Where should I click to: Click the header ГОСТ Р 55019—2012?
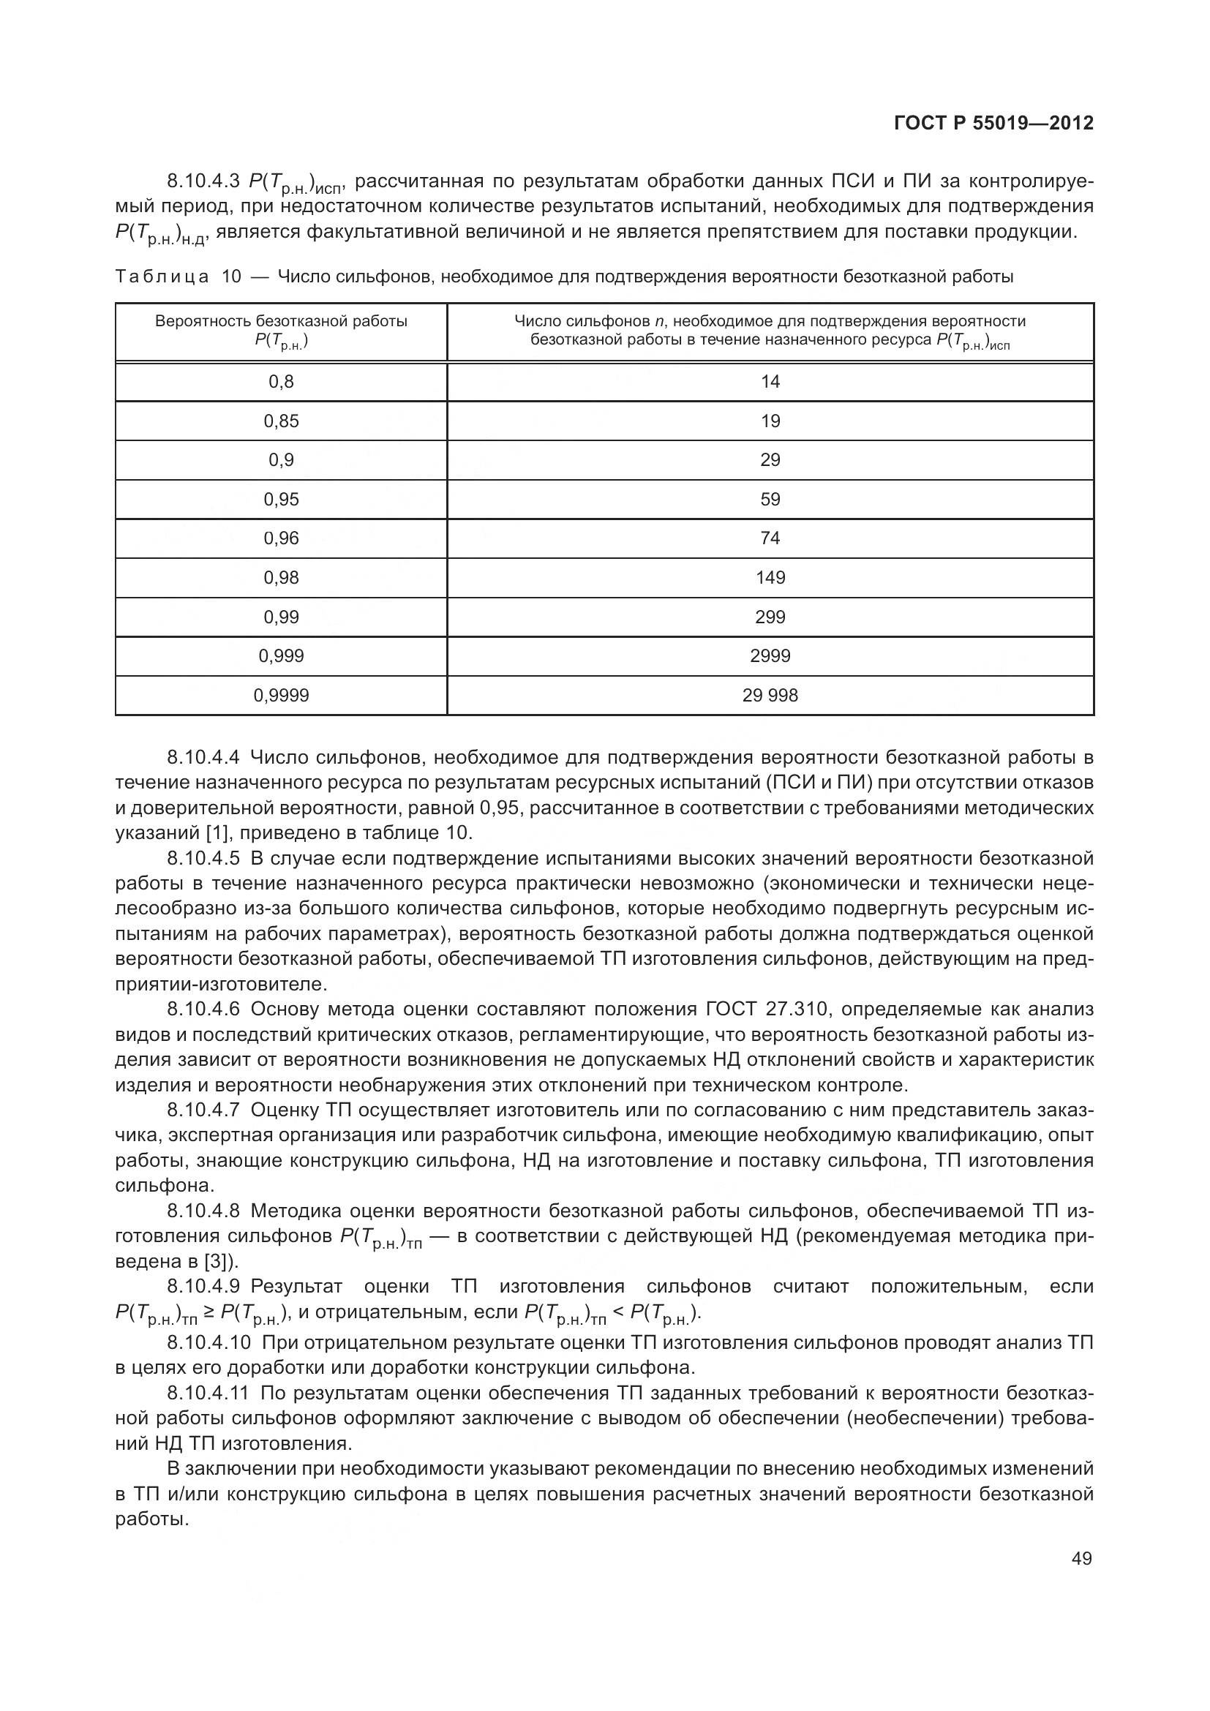[993, 123]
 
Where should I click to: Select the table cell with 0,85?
[281, 421]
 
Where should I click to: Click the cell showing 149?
[770, 578]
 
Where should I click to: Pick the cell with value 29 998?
[770, 695]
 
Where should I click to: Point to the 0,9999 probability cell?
[281, 695]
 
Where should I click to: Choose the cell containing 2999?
[770, 655]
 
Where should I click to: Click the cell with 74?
[770, 538]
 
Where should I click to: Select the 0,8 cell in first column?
[281, 382]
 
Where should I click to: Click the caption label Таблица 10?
[179, 277]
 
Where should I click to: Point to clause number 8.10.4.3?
[203, 181]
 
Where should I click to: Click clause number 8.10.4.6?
[203, 1009]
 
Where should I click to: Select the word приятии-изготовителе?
[221, 984]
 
